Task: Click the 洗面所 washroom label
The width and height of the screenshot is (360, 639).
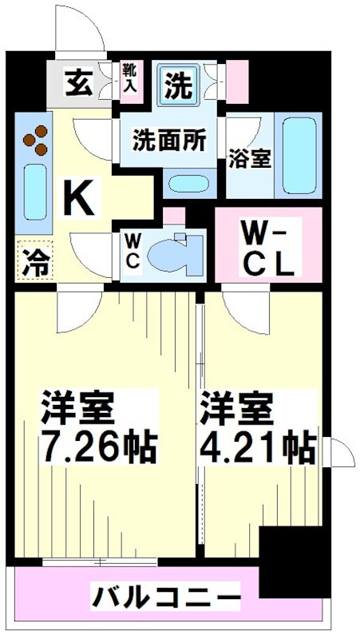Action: click(168, 141)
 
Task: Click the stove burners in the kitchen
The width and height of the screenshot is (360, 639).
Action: click(34, 143)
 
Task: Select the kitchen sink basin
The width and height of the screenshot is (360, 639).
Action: click(34, 192)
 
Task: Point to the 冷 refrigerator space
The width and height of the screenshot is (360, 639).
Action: click(34, 262)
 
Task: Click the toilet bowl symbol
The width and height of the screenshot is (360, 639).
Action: click(172, 255)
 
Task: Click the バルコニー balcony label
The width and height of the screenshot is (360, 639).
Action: click(166, 596)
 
